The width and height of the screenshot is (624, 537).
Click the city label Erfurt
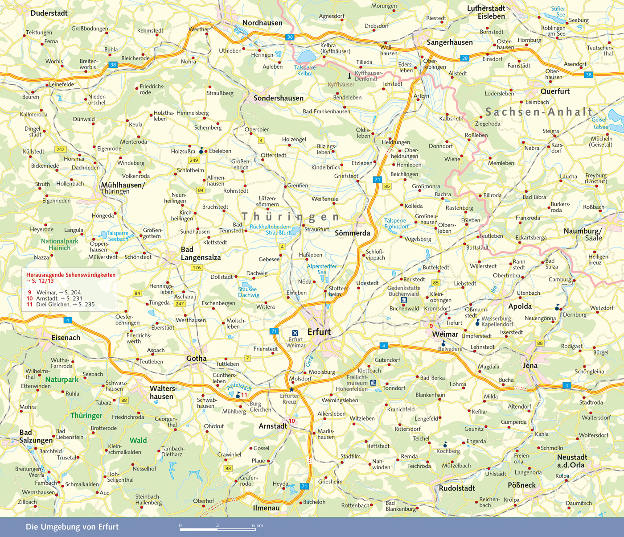coord(319,332)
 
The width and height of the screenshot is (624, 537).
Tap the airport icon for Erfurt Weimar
coord(295,333)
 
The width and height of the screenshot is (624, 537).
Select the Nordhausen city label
coord(262,23)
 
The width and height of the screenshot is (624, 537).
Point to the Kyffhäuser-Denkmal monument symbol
coord(349,76)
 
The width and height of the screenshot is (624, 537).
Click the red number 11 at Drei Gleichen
coord(244,395)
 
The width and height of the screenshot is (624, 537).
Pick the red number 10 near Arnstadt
coord(292,421)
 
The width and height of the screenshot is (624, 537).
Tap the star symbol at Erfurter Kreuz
coord(291,389)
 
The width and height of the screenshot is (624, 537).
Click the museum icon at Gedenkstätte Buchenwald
coord(404,301)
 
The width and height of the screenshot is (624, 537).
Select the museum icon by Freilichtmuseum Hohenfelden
coord(373,383)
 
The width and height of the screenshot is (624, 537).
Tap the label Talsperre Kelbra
coord(305,70)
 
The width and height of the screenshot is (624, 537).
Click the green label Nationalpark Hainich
coord(59,244)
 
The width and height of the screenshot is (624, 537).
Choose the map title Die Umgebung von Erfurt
coord(72,527)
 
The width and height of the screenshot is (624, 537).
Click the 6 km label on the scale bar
coord(257,525)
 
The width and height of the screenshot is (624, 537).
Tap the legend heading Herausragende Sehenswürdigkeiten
coord(70,275)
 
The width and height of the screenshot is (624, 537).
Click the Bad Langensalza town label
coord(201,253)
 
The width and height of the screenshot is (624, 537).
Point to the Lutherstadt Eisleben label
coord(486,12)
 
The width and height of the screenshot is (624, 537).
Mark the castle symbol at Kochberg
coord(445,445)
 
